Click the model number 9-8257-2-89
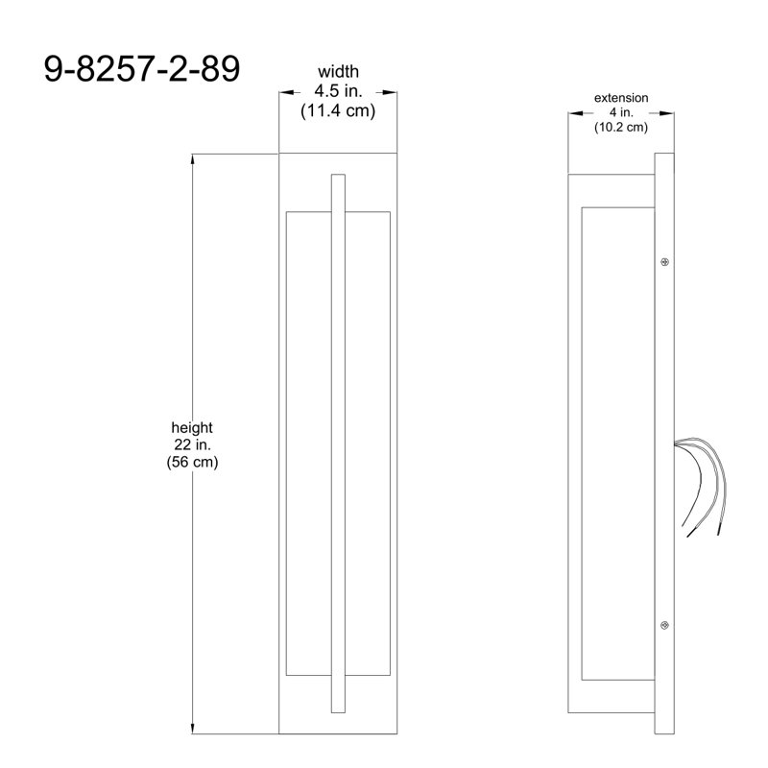point(142,68)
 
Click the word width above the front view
point(338,71)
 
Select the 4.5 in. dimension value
point(338,91)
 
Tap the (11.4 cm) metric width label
point(338,110)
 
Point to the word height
point(192,427)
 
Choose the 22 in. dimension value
point(192,444)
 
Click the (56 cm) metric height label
point(192,462)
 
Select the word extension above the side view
point(621,98)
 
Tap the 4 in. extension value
point(621,112)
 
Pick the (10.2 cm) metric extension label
point(621,128)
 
